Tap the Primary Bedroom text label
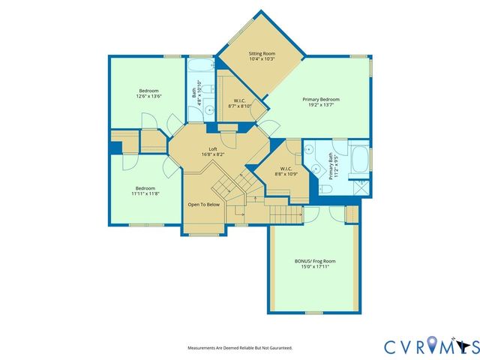click(321, 100)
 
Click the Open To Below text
click(203, 204)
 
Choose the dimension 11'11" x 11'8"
click(145, 193)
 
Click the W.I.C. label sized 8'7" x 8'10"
click(240, 106)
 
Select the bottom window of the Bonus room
click(313, 312)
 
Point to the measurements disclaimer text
click(239, 348)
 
